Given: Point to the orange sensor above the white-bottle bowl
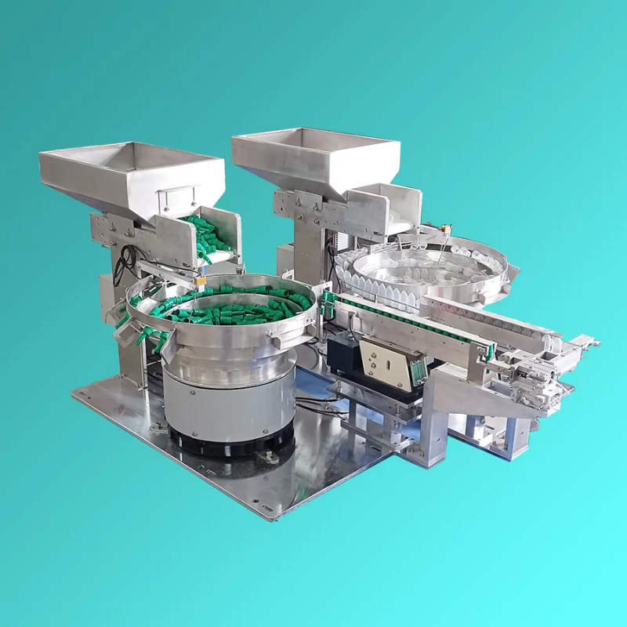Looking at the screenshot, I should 446,230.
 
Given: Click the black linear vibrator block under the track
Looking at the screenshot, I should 345,353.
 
